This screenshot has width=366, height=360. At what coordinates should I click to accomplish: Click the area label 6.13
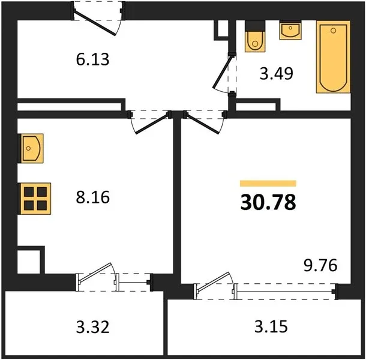point(92,59)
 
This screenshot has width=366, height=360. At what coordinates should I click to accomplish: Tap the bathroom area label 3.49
point(277,74)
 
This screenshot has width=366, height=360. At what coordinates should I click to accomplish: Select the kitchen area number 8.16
point(92,197)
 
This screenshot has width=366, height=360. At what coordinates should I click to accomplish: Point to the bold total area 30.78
point(268,202)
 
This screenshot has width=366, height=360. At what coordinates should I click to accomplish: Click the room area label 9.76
point(320,265)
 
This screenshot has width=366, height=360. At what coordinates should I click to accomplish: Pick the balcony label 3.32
point(92,327)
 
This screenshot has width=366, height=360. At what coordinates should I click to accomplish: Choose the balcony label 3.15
point(271,326)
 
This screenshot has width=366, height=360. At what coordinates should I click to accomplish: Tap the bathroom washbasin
point(290,30)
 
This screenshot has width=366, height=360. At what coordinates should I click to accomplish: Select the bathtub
point(334,57)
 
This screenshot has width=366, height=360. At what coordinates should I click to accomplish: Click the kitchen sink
point(31,148)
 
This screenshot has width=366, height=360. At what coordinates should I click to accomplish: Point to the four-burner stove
point(35,199)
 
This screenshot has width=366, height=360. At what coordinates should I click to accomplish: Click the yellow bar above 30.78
point(268,184)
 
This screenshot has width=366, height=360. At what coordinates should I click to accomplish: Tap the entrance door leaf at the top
point(95,23)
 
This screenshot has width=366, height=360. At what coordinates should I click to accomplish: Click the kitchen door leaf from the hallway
point(152,124)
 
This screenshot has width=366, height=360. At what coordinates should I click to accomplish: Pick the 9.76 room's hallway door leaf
point(202,124)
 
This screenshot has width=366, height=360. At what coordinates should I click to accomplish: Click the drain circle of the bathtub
point(334,31)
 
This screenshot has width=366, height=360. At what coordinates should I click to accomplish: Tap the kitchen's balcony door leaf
point(95,272)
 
